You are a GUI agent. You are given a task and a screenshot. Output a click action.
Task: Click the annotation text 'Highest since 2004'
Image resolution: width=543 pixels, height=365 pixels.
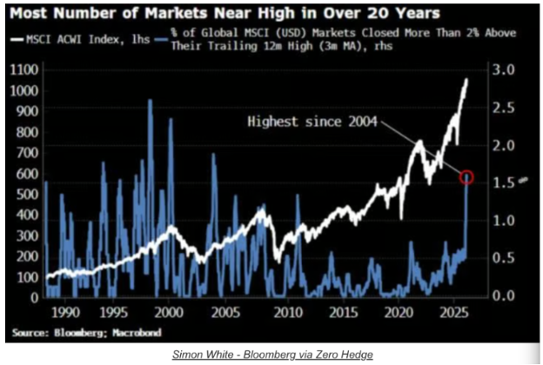[x=312, y=122]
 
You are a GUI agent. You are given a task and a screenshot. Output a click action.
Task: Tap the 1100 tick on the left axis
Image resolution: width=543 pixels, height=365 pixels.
[x=24, y=70]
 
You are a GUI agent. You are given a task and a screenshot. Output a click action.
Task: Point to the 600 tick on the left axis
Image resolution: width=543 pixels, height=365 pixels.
[x=27, y=173]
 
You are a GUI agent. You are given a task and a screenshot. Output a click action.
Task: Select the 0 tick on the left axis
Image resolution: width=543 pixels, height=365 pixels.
[x=34, y=297]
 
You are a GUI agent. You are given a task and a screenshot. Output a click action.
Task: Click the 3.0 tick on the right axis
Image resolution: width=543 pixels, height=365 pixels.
[x=504, y=70]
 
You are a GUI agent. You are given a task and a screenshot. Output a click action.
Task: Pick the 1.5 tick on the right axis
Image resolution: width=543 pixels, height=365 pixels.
[x=504, y=182]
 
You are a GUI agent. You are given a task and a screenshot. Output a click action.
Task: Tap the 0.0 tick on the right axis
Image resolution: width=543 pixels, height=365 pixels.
[x=504, y=295]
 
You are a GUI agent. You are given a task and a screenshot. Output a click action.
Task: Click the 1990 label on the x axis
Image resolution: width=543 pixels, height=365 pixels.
[x=65, y=312]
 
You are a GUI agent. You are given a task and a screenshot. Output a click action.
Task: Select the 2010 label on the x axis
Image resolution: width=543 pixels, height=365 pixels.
[x=288, y=312]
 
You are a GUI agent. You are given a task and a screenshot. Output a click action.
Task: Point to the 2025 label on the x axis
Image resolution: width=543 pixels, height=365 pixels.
[x=454, y=312]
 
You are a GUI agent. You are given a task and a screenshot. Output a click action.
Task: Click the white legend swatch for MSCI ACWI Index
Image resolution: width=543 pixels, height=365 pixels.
[x=17, y=39]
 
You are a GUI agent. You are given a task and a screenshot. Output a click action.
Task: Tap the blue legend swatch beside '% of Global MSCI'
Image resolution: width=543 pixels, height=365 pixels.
[x=161, y=39]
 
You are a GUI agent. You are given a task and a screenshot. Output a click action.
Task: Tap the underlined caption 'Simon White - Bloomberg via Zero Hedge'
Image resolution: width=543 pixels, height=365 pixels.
[x=272, y=355]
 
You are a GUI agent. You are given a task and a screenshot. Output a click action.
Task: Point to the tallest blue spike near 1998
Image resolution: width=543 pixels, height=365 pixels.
[x=150, y=101]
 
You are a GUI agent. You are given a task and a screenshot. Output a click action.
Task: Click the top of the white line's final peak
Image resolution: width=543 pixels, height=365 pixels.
[x=466, y=80]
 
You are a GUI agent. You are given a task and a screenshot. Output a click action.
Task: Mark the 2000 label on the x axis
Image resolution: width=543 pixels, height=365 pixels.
[x=169, y=312]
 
